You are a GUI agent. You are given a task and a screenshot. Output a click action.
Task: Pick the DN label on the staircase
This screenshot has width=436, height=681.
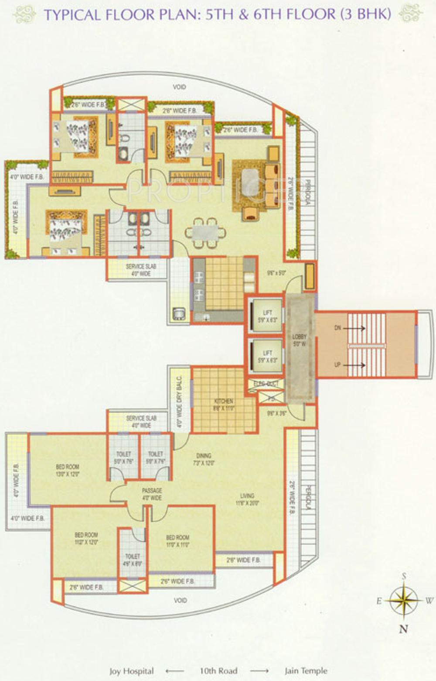coord(337,328)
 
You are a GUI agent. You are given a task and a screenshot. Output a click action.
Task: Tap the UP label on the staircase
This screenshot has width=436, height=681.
coord(337,365)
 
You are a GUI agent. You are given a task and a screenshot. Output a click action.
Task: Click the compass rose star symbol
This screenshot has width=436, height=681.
coord(404,601)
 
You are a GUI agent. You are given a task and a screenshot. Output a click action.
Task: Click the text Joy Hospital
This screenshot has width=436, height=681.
coord(131,671)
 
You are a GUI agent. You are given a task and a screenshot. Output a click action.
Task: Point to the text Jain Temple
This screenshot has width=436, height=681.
coord(306,671)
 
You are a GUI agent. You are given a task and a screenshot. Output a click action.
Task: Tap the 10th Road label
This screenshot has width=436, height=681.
coord(218,671)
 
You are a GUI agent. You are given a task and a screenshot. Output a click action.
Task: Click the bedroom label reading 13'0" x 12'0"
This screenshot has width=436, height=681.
coord(68,470)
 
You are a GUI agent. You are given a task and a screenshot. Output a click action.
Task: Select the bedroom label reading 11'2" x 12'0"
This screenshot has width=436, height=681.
coord(86,538)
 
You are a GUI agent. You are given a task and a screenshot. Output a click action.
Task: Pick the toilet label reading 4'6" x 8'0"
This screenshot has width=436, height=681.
coord(133,560)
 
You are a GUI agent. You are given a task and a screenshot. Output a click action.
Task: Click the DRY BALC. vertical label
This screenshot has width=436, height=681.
coord(179,401)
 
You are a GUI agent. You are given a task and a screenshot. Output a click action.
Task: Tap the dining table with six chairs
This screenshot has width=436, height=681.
coord(205,232)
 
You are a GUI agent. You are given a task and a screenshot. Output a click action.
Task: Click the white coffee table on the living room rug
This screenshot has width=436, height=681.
coord(249,180)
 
